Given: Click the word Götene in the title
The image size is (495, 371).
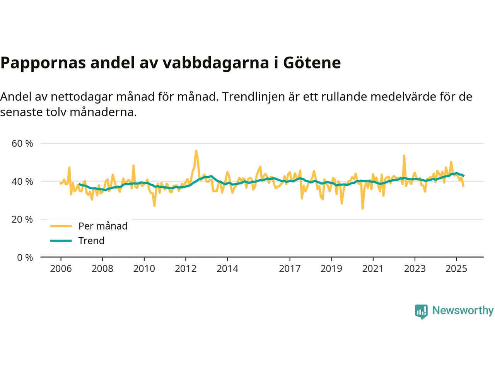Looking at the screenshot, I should coord(312,63).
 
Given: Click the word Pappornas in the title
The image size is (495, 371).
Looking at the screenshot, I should coord(43,63).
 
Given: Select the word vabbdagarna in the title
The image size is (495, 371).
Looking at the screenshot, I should coord(215,63).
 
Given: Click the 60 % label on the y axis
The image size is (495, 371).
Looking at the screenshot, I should coord(22,143).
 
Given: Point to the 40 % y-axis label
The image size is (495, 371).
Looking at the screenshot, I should coord(22,181).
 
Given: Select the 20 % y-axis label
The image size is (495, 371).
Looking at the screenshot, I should coord(22,220).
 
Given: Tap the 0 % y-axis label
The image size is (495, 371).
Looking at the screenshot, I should coord(25,257).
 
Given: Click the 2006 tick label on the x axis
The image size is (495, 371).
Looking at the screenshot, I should coord(61,269).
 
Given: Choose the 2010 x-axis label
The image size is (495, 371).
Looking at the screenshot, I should coord(144,269).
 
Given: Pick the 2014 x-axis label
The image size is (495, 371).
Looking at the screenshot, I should coord(227,269).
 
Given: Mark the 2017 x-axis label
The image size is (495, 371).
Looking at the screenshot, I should coord(290,269).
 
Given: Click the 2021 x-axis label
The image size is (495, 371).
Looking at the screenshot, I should coord(373,269).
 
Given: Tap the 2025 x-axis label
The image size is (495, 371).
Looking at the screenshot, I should coord(456,269).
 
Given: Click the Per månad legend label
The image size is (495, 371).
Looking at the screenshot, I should coord(103,226).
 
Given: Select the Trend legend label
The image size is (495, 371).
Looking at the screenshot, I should coord(91,241).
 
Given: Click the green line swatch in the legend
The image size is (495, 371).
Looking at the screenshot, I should coord(61,241).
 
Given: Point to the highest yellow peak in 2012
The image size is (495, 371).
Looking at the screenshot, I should coord(196,151).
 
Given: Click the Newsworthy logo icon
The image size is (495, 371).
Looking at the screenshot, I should coord(421,311).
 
